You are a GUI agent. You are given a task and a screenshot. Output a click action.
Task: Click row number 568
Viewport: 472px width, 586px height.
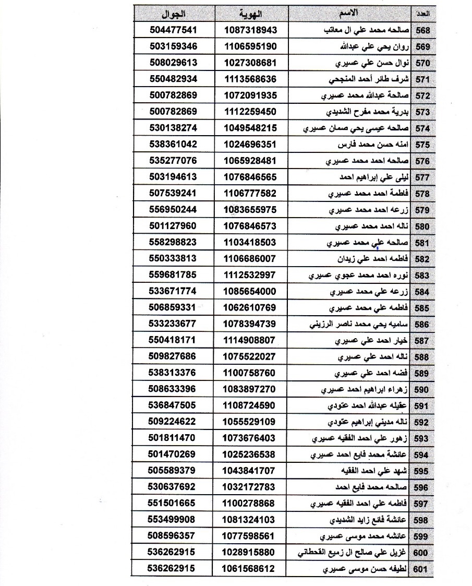pyautogui.click(x=420, y=30)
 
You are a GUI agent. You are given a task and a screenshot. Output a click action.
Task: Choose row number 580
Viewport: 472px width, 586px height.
pyautogui.click(x=421, y=226)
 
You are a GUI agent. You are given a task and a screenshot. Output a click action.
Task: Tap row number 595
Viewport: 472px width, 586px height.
pyautogui.click(x=420, y=471)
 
